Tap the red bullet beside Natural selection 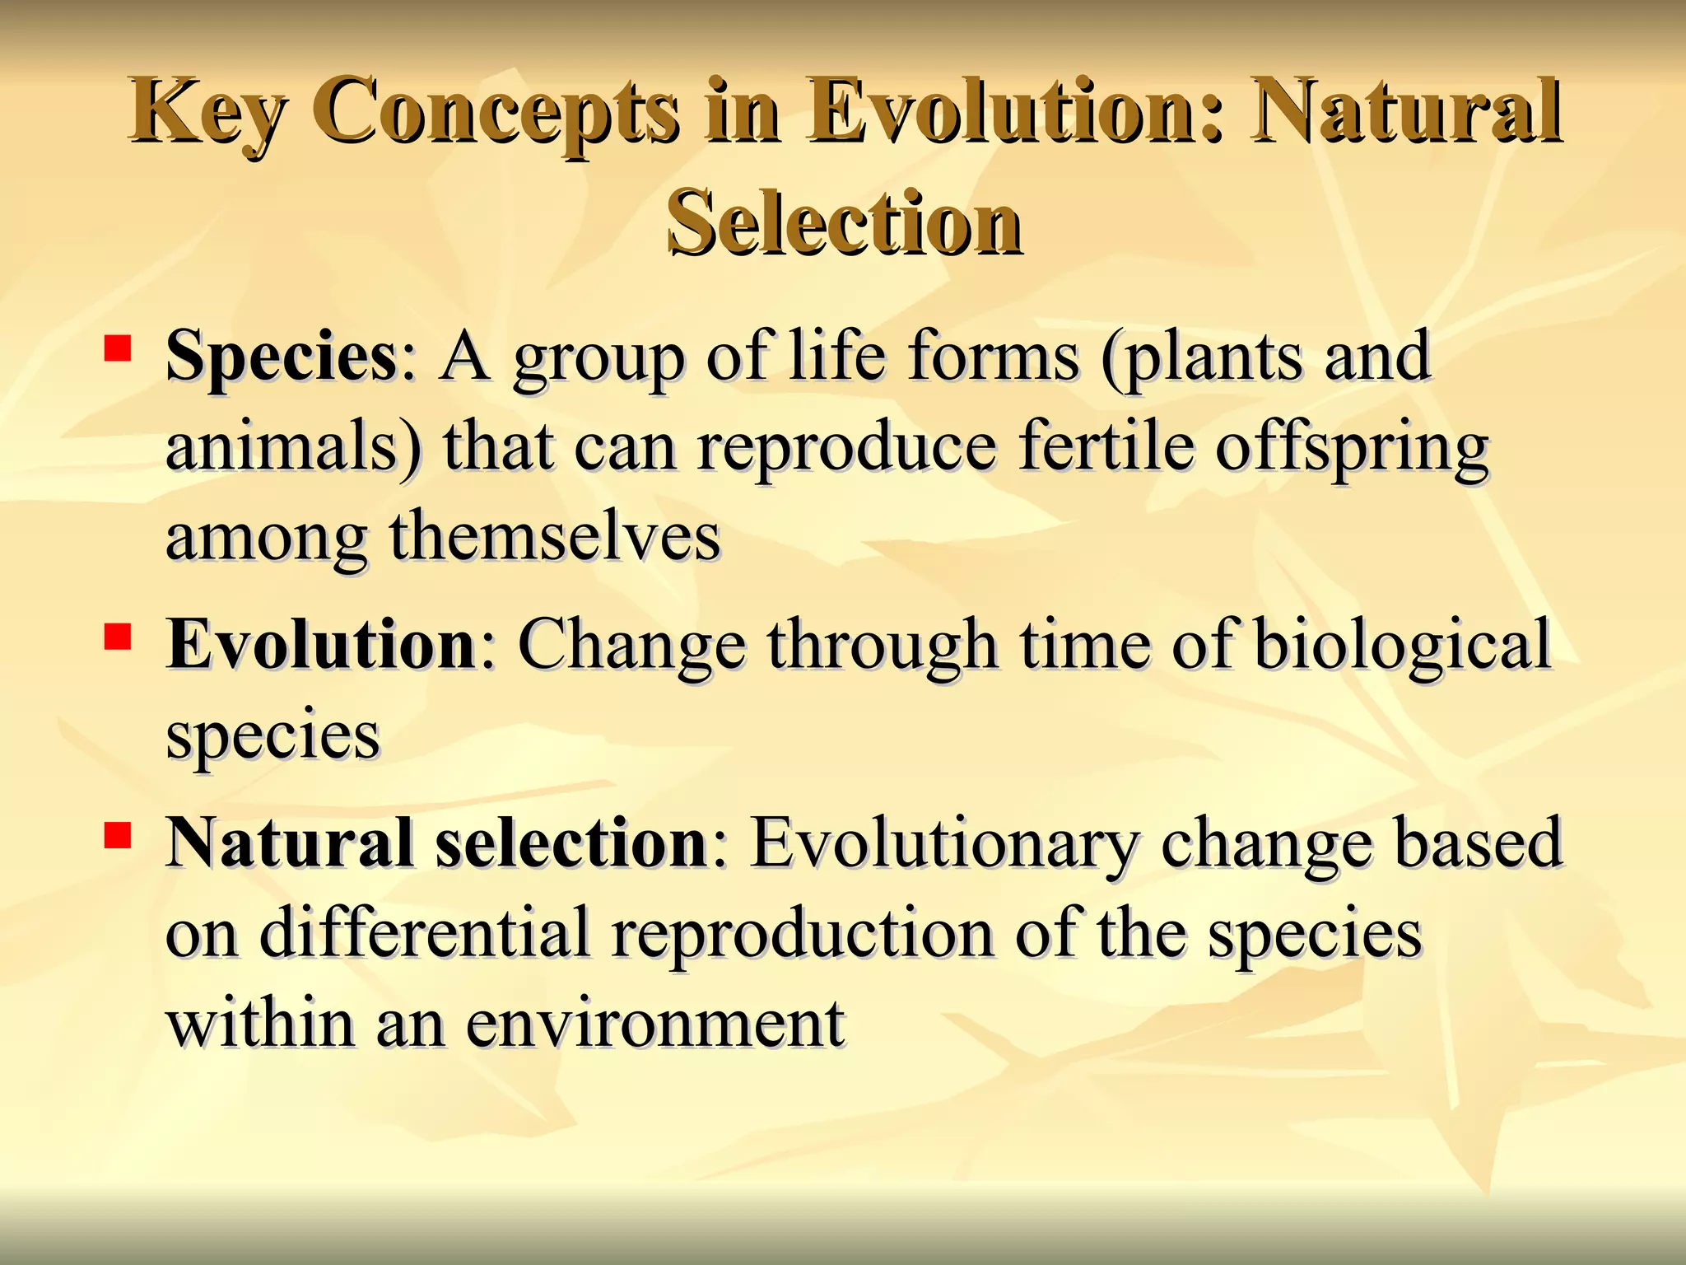pyautogui.click(x=118, y=835)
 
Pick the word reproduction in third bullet pyautogui.click(x=802, y=935)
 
